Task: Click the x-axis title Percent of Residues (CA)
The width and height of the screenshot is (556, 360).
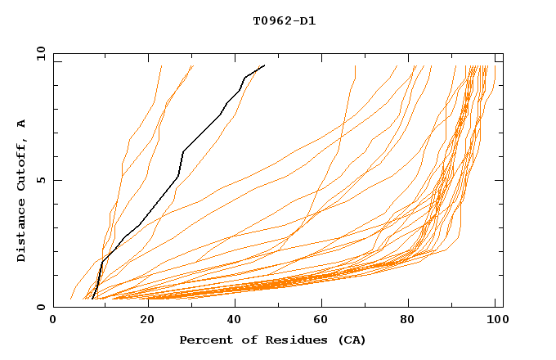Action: (x=272, y=340)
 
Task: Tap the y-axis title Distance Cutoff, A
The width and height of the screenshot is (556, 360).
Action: (x=22, y=190)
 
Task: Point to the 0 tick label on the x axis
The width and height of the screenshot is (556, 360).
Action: (x=53, y=322)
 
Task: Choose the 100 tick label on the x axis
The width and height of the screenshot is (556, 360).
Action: (x=495, y=322)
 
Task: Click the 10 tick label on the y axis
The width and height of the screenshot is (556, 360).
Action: (x=39, y=53)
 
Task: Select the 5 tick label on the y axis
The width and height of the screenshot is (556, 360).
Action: (x=43, y=180)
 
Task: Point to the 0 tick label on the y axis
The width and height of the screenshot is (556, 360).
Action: (x=43, y=307)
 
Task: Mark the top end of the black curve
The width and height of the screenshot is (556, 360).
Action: (x=264, y=65)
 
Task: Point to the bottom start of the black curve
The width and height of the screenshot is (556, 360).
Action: (x=93, y=299)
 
